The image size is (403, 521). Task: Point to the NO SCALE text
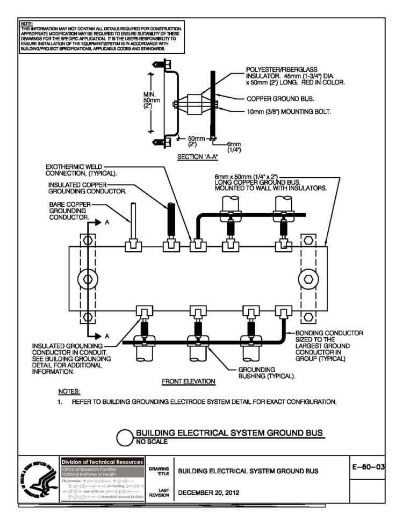coord(151,442)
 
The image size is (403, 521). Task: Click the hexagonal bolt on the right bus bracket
coord(310,279)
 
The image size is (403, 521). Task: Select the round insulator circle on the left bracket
coord(88,279)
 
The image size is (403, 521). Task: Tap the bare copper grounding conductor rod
coord(132,220)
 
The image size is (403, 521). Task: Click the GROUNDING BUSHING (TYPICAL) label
coord(266,373)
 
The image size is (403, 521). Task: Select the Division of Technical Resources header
coord(102,462)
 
